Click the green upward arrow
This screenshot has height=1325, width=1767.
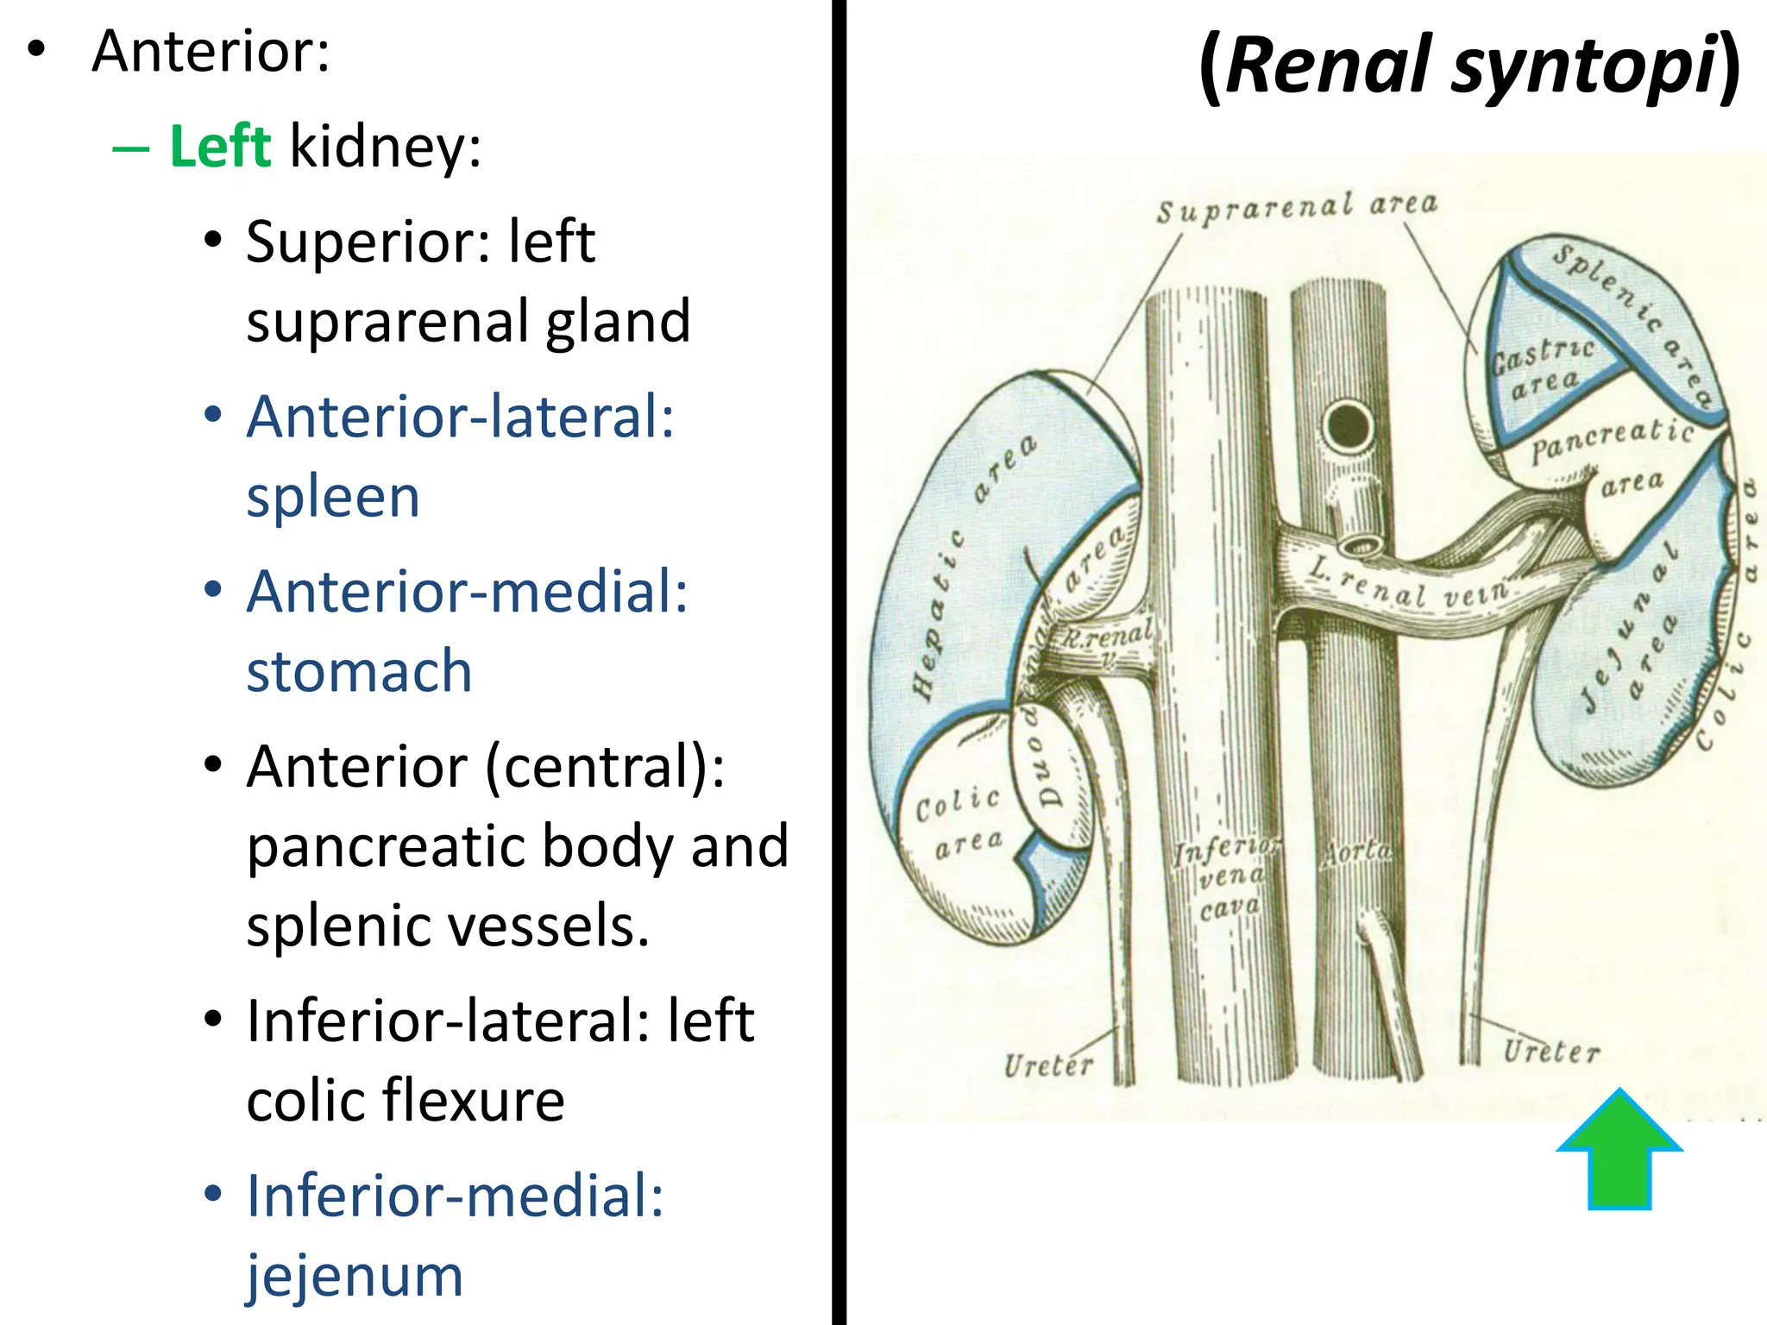(1619, 1152)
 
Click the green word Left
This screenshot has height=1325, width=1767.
(220, 146)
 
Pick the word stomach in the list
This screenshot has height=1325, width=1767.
(359, 671)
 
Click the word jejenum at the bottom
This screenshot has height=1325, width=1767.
(355, 1275)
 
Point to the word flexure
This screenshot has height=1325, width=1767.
(473, 1101)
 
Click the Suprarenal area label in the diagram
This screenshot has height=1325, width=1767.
(1296, 207)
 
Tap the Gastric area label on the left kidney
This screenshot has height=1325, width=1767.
(1543, 366)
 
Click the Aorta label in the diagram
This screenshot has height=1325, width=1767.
(1357, 852)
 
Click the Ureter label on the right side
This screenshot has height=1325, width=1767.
(1550, 1052)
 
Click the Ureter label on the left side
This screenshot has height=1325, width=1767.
(1047, 1065)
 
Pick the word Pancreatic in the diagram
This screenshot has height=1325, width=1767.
(1612, 439)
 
